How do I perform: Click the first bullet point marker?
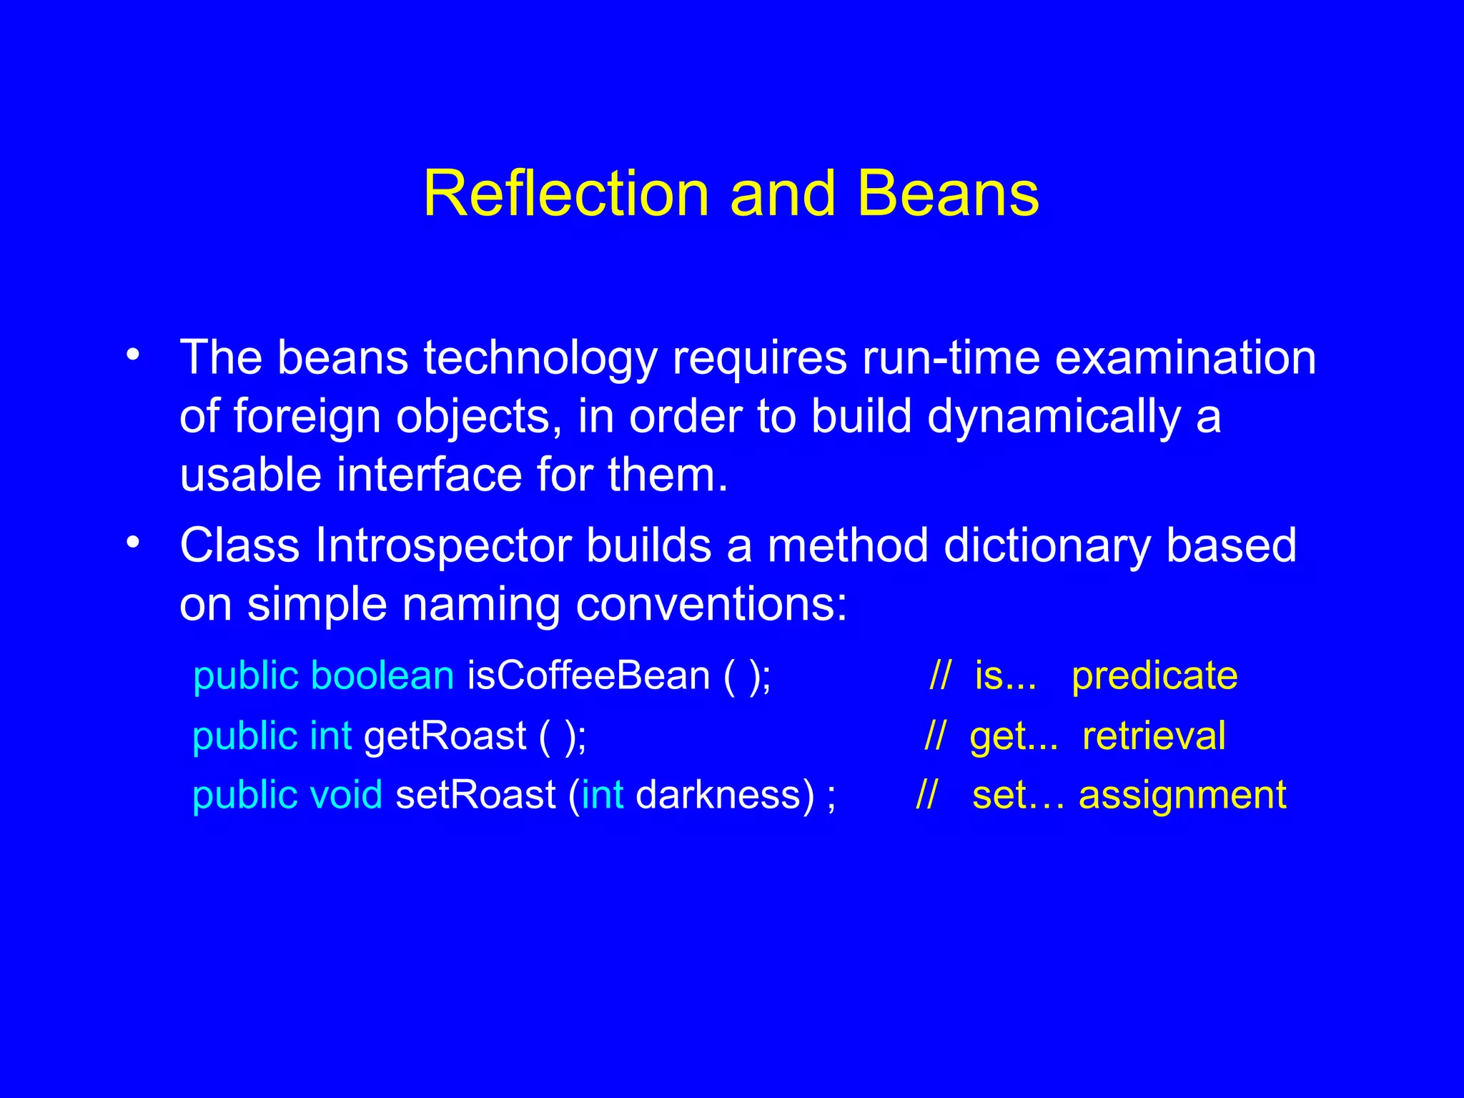coord(133,355)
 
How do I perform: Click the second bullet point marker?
coord(133,544)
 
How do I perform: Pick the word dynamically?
coord(1054,417)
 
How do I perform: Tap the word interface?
coord(430,475)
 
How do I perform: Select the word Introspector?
coord(443,547)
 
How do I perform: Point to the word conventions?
coord(711,605)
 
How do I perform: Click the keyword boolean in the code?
coord(382,676)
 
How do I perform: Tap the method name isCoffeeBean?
coord(588,676)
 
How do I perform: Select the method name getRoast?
coord(445,736)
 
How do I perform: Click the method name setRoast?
coord(475,795)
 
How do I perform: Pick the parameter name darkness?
coord(724,795)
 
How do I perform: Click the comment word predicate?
coord(1154,676)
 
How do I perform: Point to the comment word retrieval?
coord(1154,736)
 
